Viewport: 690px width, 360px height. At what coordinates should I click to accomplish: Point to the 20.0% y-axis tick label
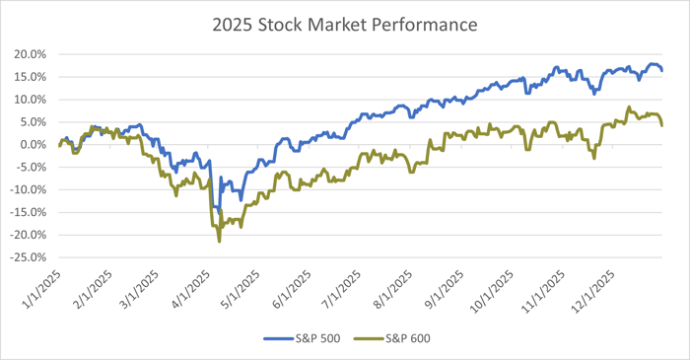coord(31,54)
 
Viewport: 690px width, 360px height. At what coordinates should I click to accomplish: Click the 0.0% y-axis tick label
coord(34,145)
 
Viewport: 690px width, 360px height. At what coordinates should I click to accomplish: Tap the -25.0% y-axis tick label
coord(29,257)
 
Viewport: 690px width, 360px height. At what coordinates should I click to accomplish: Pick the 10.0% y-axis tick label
coord(31,100)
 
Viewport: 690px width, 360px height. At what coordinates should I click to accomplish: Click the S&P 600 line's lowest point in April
coord(219,242)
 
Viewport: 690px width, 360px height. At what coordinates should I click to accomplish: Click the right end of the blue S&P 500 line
coord(661,71)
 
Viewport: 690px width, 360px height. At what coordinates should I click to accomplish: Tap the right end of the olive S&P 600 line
coord(661,126)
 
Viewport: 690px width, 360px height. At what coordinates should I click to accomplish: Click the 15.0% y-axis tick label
coord(31,77)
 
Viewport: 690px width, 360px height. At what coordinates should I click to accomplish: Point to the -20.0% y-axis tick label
coord(29,235)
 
